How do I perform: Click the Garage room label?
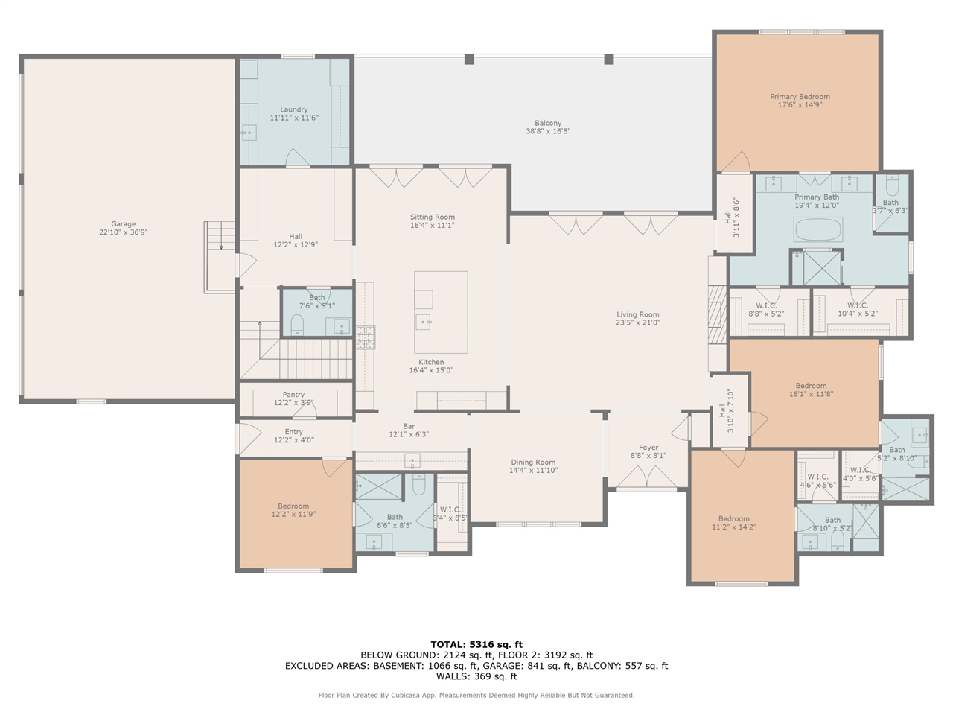click(124, 223)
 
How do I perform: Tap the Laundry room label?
click(293, 109)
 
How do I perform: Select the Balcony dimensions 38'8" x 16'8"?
click(548, 132)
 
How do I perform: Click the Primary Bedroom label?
click(800, 96)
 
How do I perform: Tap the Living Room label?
click(637, 314)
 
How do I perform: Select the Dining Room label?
click(532, 462)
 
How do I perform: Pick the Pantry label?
click(293, 395)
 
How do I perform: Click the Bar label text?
click(409, 426)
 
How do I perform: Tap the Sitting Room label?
click(432, 217)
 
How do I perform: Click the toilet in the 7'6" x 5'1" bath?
click(297, 323)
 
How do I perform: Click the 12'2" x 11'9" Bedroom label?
click(293, 506)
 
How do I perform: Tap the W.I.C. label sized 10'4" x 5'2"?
click(857, 305)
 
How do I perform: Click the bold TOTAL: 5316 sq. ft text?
click(476, 644)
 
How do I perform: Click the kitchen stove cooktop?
click(366, 337)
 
